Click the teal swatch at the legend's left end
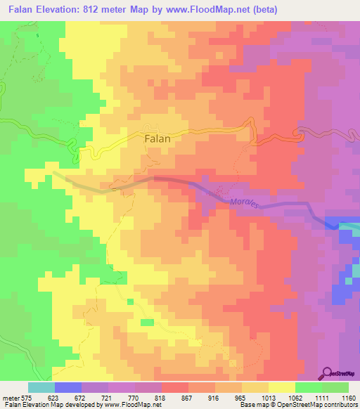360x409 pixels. coord(41,387)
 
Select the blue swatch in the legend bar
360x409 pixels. coord(68,387)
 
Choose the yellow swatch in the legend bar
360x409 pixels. coord(282,387)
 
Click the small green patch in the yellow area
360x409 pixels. coord(147,322)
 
